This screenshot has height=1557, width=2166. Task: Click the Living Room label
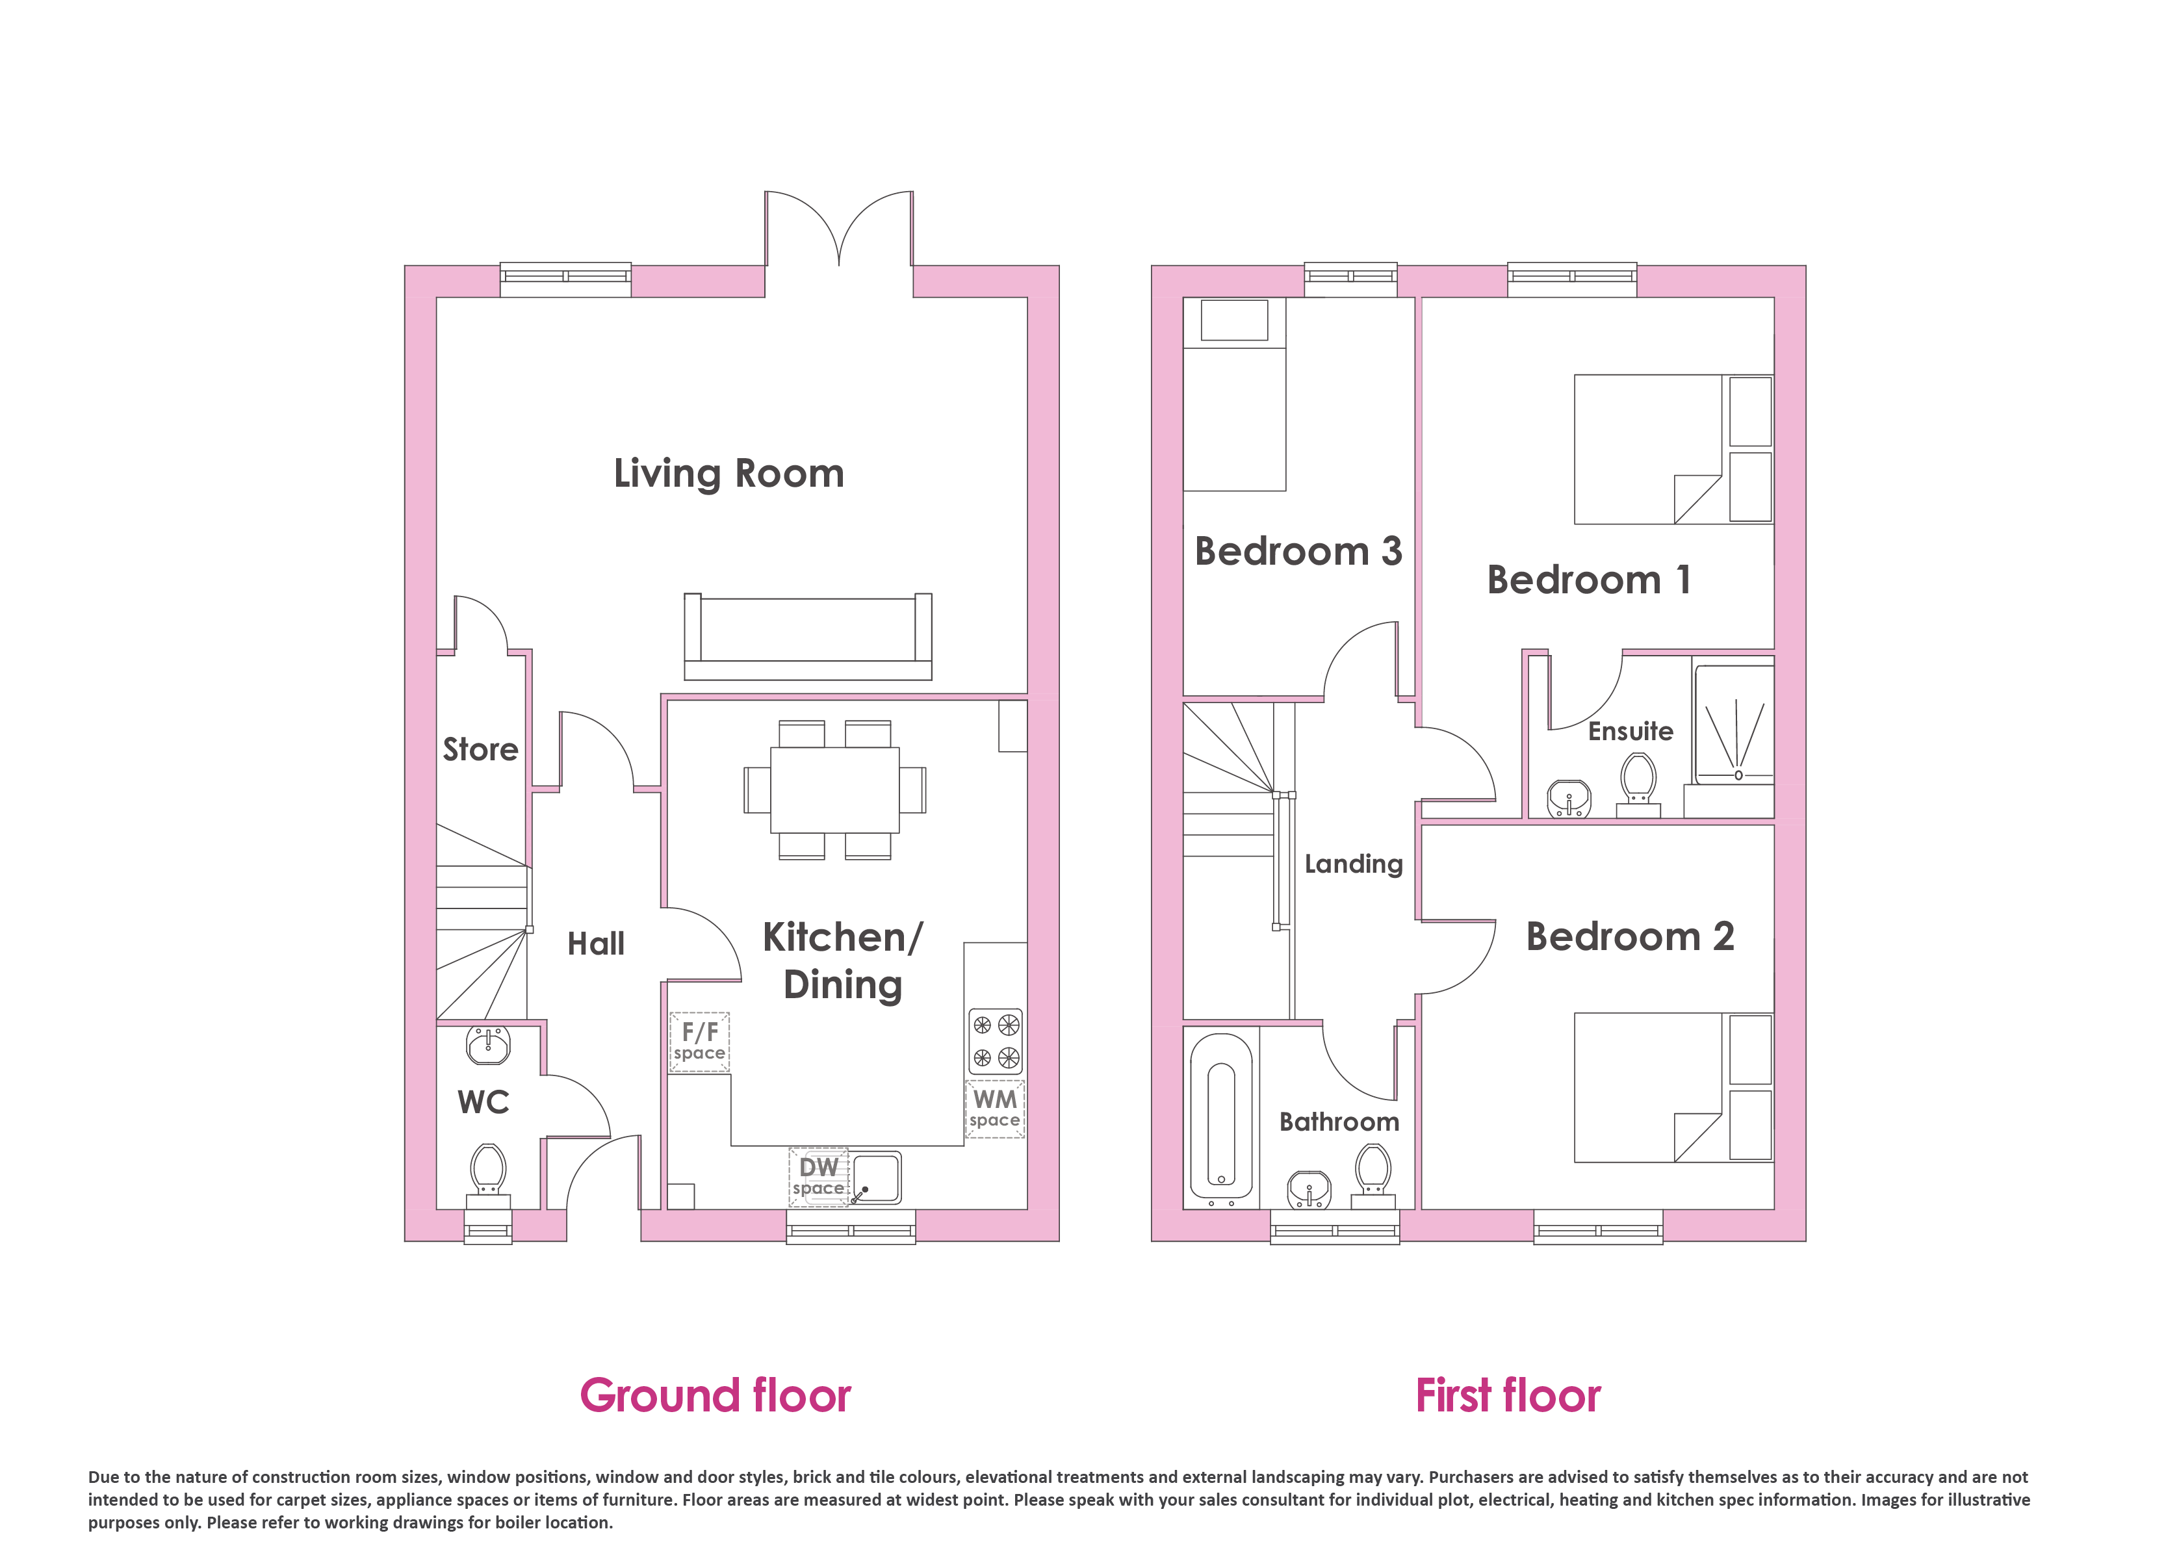click(728, 474)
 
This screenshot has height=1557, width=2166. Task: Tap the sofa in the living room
click(808, 636)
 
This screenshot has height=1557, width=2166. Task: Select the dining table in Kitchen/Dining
click(834, 790)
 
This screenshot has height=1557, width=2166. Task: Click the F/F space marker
click(699, 1041)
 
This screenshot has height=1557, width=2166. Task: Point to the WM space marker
click(994, 1108)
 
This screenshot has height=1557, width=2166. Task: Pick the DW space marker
click(818, 1177)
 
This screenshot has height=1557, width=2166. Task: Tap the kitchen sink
click(876, 1177)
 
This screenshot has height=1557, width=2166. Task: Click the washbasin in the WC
click(488, 1045)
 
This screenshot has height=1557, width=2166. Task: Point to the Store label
click(480, 749)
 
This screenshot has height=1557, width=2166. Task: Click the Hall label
click(596, 944)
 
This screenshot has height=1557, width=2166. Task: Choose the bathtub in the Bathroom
click(1220, 1120)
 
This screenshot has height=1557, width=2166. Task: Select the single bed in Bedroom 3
click(1235, 394)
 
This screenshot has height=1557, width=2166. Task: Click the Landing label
click(1353, 864)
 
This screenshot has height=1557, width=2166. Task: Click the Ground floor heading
click(716, 1396)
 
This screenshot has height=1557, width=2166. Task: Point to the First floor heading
click(1508, 1396)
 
